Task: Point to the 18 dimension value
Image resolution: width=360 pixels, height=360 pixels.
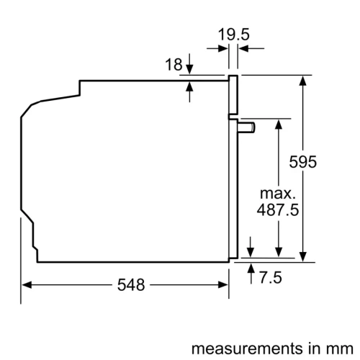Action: click(x=173, y=65)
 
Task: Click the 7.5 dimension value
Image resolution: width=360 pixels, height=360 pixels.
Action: click(x=270, y=276)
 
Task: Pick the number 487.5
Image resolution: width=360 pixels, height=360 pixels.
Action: click(x=277, y=211)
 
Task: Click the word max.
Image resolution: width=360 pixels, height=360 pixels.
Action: click(x=277, y=194)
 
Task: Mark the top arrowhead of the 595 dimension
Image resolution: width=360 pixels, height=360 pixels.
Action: click(x=303, y=80)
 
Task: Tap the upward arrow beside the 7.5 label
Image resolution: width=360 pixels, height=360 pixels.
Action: click(x=250, y=268)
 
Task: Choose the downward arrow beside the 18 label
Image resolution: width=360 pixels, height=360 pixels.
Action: click(x=189, y=68)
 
